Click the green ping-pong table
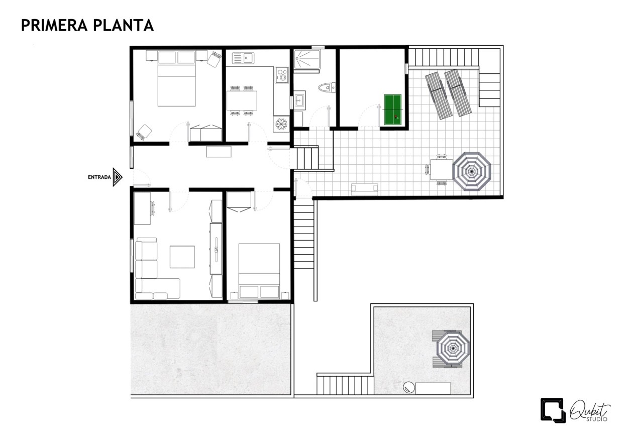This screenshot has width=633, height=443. (x=394, y=110)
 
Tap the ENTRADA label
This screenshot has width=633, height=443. (x=99, y=177)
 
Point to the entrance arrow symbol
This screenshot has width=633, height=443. (x=118, y=177)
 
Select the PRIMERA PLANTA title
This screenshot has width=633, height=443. (x=87, y=26)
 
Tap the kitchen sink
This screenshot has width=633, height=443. (x=243, y=58)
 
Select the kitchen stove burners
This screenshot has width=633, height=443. (x=282, y=76)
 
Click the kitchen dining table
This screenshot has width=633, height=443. (x=242, y=100)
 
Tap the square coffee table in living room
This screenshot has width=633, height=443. (x=182, y=257)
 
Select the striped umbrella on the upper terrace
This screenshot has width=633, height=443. (x=471, y=171)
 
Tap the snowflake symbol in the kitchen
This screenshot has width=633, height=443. (x=282, y=123)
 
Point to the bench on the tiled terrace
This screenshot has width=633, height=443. (x=364, y=188)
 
